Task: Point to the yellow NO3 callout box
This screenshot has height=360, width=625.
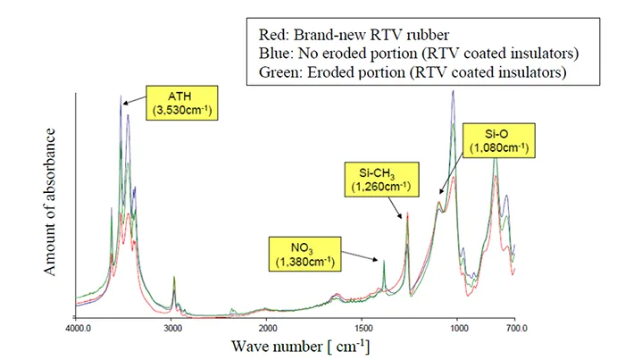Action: coord(301,253)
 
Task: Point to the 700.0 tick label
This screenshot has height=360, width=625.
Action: coord(515,328)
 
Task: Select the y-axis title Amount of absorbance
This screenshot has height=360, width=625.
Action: coord(52,200)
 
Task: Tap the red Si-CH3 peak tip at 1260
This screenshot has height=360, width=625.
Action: coord(408,213)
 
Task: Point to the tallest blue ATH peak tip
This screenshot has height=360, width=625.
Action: coord(121,96)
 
